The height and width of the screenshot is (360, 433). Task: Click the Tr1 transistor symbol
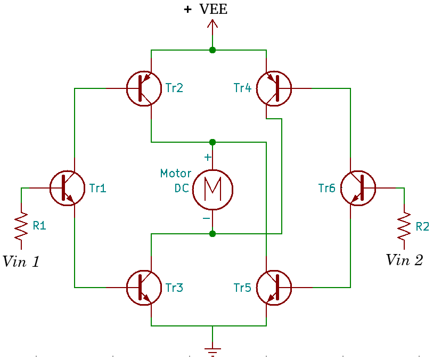click(x=67, y=188)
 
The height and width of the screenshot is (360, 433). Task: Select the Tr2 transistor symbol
click(x=144, y=88)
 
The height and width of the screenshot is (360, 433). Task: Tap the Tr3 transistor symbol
click(x=144, y=288)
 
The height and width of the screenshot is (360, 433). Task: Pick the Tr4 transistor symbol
click(x=274, y=88)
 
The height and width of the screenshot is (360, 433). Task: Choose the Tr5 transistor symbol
click(x=274, y=288)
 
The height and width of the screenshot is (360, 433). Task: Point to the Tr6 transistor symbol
click(x=358, y=188)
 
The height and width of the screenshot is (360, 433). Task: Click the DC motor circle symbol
click(x=213, y=188)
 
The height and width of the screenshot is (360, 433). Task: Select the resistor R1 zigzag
click(x=21, y=226)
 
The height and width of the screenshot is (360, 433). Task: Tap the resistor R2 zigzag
click(x=404, y=226)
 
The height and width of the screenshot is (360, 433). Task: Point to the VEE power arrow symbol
click(x=213, y=27)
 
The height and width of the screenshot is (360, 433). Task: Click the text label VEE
click(x=213, y=9)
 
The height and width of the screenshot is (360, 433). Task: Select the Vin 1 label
click(x=21, y=261)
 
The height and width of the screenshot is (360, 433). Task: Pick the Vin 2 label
click(x=404, y=260)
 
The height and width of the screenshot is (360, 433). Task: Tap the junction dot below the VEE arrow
click(x=213, y=50)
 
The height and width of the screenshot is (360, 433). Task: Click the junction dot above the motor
click(x=213, y=142)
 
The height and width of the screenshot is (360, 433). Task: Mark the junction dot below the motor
click(x=213, y=234)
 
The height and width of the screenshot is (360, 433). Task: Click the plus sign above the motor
click(x=208, y=158)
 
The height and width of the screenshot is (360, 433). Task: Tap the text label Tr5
click(x=242, y=288)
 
